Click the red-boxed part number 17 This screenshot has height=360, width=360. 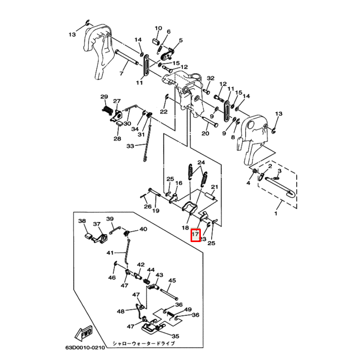195,234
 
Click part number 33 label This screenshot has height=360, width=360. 131,146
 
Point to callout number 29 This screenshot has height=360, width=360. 104,97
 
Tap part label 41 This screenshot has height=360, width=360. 110,253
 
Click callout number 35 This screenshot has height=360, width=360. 175,336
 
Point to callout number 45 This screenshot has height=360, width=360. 172,281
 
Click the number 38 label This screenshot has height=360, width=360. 82,221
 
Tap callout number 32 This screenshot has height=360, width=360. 210,78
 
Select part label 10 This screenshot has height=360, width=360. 158,28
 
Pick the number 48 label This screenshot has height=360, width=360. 121,312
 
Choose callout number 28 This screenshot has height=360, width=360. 117,139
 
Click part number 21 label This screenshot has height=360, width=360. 215,186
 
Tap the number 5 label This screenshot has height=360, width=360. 181,40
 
